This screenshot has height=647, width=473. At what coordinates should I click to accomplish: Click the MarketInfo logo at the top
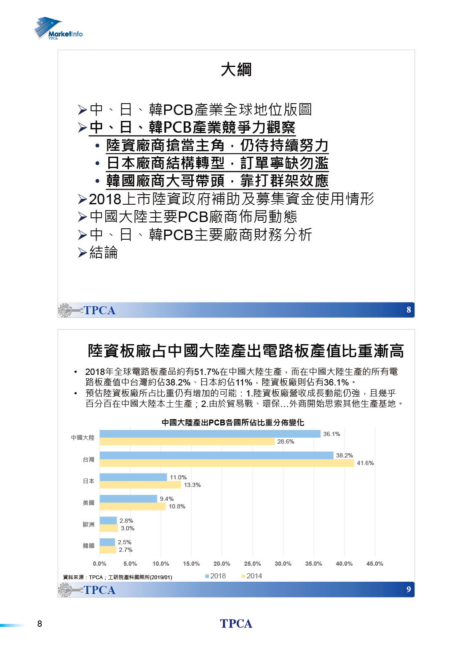click(x=59, y=29)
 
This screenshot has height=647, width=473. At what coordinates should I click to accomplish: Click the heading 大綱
click(x=236, y=70)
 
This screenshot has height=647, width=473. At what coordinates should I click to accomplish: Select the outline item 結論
click(x=103, y=253)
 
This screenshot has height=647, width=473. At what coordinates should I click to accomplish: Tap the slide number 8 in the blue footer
click(x=408, y=310)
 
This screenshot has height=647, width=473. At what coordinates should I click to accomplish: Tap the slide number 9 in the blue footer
click(x=408, y=589)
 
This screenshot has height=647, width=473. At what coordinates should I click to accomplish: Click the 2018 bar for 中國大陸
click(x=210, y=434)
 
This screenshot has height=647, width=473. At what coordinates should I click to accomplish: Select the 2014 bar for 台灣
click(x=227, y=463)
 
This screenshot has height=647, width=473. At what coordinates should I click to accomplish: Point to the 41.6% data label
click(x=365, y=463)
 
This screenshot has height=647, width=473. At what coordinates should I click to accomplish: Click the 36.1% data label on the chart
click(x=331, y=434)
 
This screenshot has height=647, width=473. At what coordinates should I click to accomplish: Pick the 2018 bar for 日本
click(x=133, y=477)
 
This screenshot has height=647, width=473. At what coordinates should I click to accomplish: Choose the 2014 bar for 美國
click(x=133, y=506)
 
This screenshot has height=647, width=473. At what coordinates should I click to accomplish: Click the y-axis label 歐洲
click(x=88, y=524)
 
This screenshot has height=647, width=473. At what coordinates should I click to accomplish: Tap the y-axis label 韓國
click(x=88, y=546)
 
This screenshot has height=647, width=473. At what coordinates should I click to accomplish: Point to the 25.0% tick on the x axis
click(x=252, y=564)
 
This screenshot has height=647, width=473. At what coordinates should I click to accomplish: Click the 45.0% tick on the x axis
click(x=374, y=564)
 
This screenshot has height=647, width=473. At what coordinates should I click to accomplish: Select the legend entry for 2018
click(x=216, y=576)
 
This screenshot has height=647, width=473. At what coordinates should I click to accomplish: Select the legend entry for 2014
click(x=252, y=576)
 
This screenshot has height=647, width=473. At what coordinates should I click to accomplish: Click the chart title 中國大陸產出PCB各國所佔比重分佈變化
click(x=232, y=422)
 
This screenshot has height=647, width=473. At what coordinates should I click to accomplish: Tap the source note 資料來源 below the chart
click(x=117, y=577)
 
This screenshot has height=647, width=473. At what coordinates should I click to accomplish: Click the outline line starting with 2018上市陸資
click(x=231, y=199)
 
